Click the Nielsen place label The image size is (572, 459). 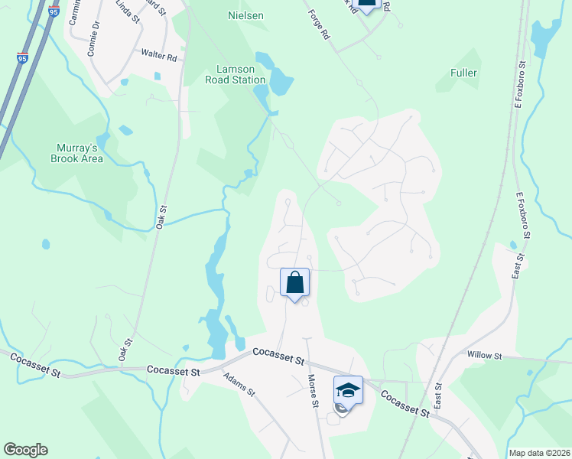tap(245, 15)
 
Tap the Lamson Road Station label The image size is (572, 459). tap(236, 74)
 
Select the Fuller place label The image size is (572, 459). tap(464, 73)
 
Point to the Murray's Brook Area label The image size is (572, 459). tap(76, 153)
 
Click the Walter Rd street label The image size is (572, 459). tap(159, 55)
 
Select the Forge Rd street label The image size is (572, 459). tap(318, 24)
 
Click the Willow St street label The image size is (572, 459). tap(485, 356)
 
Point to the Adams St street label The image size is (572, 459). tap(239, 382)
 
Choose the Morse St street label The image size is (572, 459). tap(313, 390)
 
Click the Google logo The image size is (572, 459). tap(25, 450)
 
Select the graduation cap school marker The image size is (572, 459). tap(348, 390)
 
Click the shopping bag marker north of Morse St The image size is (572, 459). tap(294, 282)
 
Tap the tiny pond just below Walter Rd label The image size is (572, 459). tap(157, 76)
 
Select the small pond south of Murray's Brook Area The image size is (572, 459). tap(46, 244)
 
